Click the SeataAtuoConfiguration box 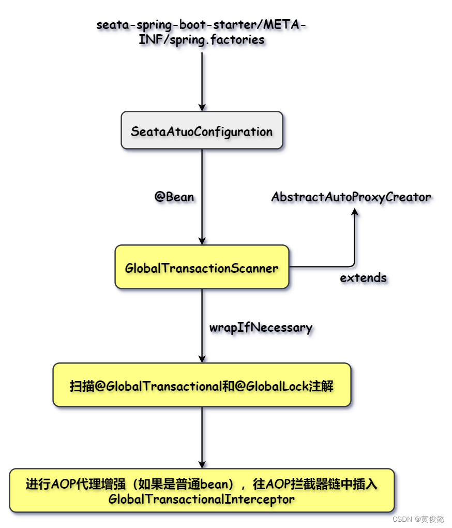202,131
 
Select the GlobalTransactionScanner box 202,268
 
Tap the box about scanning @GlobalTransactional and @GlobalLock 202,386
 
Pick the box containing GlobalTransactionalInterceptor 202,491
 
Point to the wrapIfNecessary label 261,327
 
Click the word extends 363,277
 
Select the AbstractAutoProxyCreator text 351,197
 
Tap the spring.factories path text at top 202,32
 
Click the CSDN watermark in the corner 418,519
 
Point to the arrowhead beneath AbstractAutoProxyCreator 355,212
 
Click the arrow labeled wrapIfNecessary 202,326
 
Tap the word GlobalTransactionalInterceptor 202,500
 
